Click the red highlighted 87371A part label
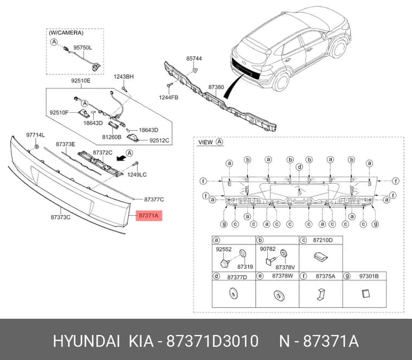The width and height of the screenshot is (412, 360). coord(149,215)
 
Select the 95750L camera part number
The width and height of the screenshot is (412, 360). coord(83,48)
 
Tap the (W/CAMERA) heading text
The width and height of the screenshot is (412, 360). coord(66,33)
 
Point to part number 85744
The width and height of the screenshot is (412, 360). coord(194,59)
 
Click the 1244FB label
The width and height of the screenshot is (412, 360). coord(169,98)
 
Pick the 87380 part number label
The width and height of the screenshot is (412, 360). coord(216,87)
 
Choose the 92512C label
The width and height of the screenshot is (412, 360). coord(159,140)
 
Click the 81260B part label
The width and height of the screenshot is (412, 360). coord(112,137)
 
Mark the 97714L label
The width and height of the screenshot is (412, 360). coord(35,135)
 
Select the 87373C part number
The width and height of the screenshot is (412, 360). coord(60,217)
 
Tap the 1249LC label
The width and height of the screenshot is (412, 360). coord(137,175)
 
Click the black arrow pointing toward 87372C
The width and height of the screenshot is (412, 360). coord(121,157)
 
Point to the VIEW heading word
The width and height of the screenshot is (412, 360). coord(205,143)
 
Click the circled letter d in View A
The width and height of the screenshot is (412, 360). coord(299,167)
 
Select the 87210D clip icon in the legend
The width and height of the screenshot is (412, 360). coord(321,257)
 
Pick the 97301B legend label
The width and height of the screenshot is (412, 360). coord(369,276)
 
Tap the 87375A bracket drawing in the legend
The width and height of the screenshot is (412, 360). coord(321,294)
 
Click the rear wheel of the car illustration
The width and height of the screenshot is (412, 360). coord(281,81)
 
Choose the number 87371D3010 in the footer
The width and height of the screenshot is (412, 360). coord(213,342)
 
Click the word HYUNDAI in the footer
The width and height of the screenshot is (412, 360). coord(87,342)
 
